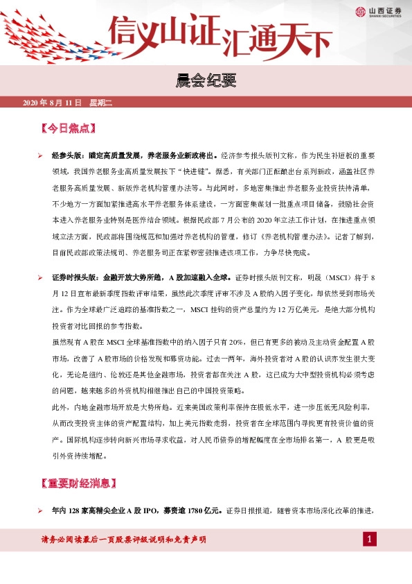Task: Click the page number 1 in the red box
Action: click(370, 539)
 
